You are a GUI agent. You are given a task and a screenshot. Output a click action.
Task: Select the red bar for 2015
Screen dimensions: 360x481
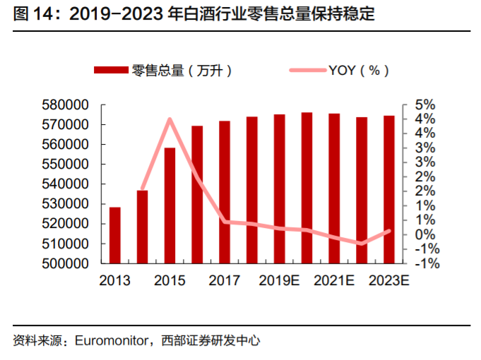pyautogui.click(x=170, y=205)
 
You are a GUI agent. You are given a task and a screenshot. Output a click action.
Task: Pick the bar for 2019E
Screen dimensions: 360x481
pyautogui.click(x=280, y=188)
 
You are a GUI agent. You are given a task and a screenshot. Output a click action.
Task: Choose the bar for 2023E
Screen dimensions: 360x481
pyautogui.click(x=388, y=189)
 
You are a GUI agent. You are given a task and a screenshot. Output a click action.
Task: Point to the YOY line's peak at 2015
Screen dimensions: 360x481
pyautogui.click(x=170, y=119)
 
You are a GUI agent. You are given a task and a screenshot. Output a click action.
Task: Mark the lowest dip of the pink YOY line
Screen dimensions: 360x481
pyautogui.click(x=362, y=244)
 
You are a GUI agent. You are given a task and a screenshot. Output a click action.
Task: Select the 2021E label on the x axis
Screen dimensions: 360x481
pyautogui.click(x=334, y=280)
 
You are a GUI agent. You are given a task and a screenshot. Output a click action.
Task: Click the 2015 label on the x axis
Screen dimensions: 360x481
pyautogui.click(x=170, y=280)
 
